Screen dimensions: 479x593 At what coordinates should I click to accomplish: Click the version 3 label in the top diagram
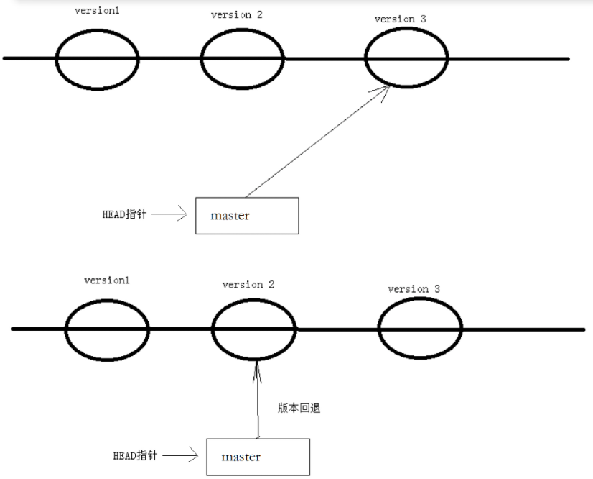pos(400,19)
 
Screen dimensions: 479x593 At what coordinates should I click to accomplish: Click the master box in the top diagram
pos(247,215)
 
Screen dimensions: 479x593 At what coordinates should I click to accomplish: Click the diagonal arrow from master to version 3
pos(316,140)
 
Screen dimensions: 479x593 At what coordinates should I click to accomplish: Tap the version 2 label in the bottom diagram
pos(248,284)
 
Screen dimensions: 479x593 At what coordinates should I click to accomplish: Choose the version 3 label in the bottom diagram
pos(414,288)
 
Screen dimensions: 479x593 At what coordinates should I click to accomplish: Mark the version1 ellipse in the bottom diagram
pos(107,329)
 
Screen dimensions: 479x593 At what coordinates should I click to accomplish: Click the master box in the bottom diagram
pos(258,457)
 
